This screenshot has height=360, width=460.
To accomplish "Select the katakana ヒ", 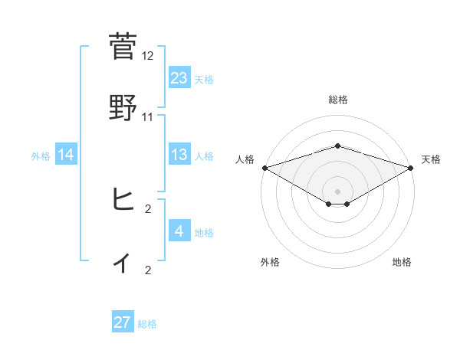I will click(123, 201).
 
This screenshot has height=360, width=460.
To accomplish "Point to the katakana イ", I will click(123, 263).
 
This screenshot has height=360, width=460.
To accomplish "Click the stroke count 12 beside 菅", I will click(148, 56).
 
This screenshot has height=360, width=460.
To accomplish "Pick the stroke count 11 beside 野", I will click(148, 117).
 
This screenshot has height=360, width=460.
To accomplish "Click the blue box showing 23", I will click(179, 77).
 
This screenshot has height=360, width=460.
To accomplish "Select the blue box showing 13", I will click(179, 155).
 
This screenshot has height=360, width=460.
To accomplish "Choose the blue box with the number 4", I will click(179, 231).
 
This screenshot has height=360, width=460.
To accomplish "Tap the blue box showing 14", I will click(66, 155).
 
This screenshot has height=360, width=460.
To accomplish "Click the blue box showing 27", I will click(123, 322).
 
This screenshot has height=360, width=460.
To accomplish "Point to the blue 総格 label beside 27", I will click(147, 324).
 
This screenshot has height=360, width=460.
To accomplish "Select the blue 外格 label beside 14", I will click(41, 155).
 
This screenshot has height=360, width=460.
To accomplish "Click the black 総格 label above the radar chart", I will click(337, 100).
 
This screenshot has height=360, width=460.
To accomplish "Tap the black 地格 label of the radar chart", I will click(402, 262).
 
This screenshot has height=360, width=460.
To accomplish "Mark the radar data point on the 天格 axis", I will click(411, 168).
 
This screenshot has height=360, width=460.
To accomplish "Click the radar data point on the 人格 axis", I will click(264, 168).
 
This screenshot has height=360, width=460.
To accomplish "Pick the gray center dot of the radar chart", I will click(337, 191).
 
